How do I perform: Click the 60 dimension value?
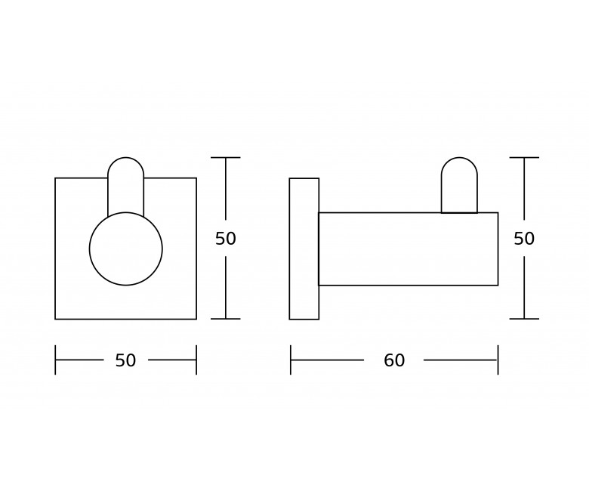pyautogui.click(x=394, y=360)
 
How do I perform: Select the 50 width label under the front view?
pyautogui.click(x=125, y=360)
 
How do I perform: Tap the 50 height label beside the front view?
pyautogui.click(x=225, y=239)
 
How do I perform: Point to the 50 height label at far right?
pyautogui.click(x=524, y=239)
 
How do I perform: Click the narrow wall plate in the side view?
pyautogui.click(x=304, y=249)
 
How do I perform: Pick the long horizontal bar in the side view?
pyautogui.click(x=409, y=249)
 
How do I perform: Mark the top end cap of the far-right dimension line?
pyautogui.click(x=524, y=157)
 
